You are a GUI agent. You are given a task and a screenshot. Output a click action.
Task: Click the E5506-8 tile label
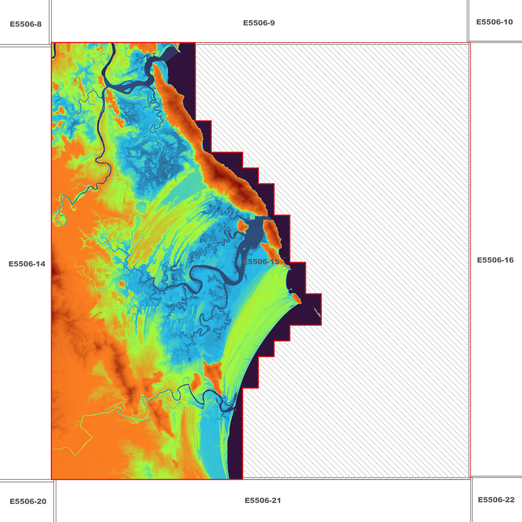(26, 25)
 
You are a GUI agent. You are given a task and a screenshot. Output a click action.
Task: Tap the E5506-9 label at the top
(259, 23)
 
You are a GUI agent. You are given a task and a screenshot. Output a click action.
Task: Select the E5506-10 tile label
(494, 22)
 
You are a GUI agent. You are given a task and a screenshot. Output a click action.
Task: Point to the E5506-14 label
(27, 264)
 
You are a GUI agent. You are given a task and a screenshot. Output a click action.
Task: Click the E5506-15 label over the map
(261, 262)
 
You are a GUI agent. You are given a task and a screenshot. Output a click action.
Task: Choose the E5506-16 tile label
(495, 260)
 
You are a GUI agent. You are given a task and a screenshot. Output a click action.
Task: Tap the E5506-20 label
(28, 501)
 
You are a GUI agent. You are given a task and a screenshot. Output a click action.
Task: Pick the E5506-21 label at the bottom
(263, 500)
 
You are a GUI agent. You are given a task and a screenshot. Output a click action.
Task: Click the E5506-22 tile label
(496, 500)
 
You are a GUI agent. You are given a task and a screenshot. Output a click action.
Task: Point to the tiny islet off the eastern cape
(318, 311)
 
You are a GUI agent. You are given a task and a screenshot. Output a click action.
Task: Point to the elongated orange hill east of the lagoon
(272, 233)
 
